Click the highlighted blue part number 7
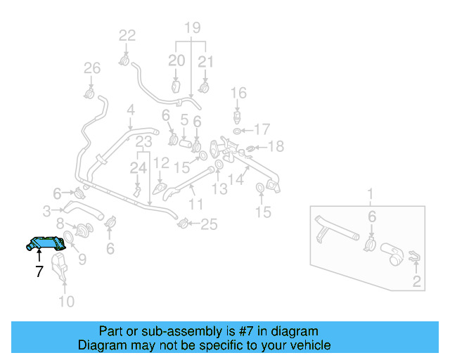47,243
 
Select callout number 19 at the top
193,29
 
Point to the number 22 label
127,35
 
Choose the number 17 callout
262,129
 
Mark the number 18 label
276,146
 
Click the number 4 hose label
130,110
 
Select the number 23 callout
144,142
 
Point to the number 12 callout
161,163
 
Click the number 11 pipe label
195,204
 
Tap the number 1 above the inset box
371,193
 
